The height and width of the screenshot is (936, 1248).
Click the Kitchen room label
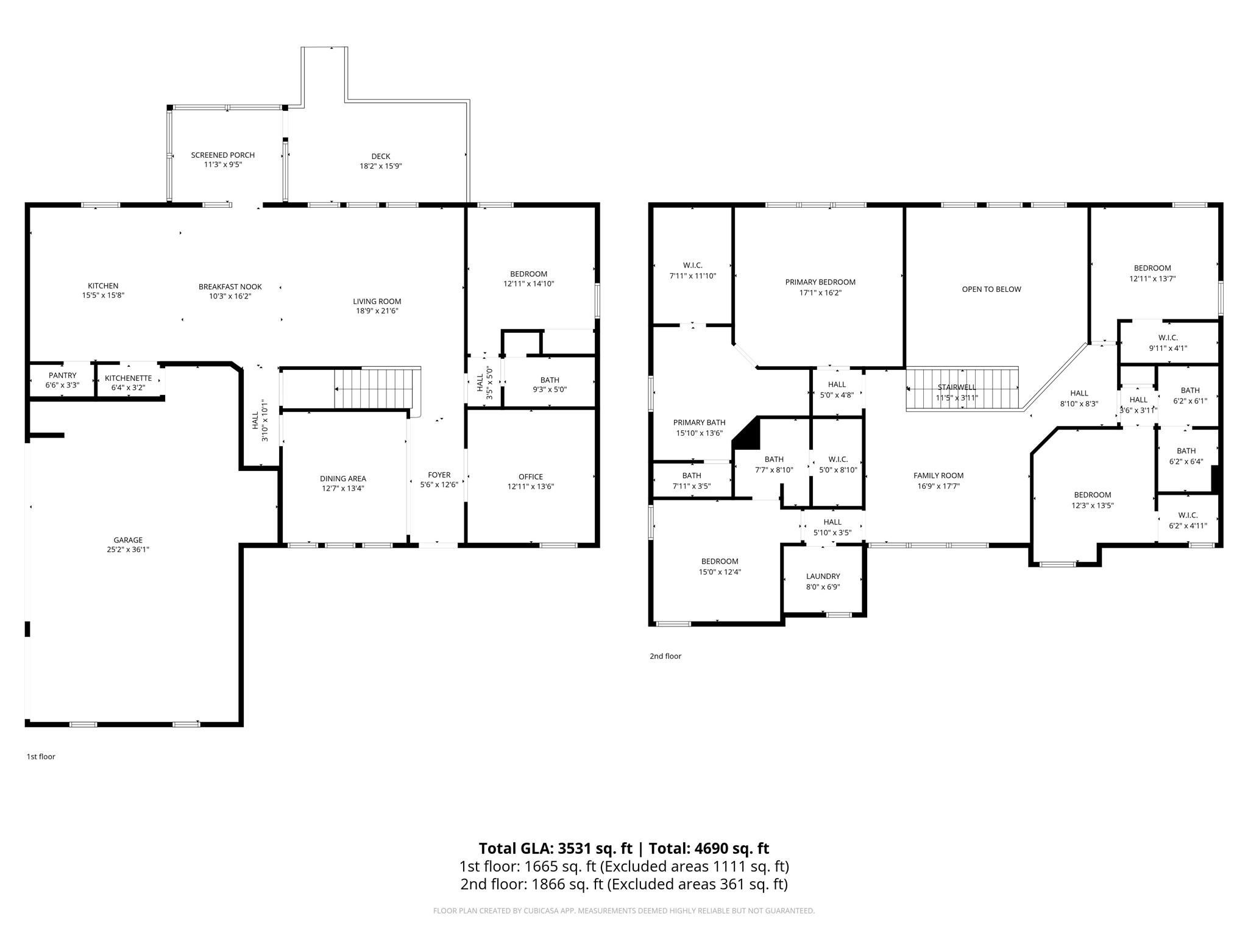[x=103, y=286]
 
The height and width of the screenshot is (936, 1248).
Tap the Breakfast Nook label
[x=230, y=287]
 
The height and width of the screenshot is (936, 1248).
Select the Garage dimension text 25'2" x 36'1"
[x=128, y=550]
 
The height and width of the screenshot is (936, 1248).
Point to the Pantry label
[x=63, y=375]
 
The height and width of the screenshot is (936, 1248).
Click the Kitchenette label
[x=128, y=378]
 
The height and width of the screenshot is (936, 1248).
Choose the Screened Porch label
[x=223, y=155]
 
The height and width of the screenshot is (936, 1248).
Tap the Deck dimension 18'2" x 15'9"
[x=381, y=166]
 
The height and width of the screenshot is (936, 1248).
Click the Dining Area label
[x=343, y=479]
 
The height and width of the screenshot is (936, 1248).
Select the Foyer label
[x=439, y=475]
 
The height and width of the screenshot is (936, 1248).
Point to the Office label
[x=531, y=477]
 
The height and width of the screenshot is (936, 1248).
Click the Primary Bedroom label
[x=820, y=282]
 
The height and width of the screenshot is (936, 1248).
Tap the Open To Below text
[x=991, y=289]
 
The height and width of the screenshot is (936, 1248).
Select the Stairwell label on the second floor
[x=957, y=388]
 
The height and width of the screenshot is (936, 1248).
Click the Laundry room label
[x=823, y=576]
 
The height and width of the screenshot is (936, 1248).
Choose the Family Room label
[x=938, y=476]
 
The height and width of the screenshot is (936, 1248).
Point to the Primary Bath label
[x=700, y=423]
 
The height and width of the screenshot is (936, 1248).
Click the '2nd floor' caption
[x=665, y=656]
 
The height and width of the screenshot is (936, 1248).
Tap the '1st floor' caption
[x=41, y=757]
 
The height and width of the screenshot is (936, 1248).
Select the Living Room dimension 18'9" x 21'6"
[x=377, y=311]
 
